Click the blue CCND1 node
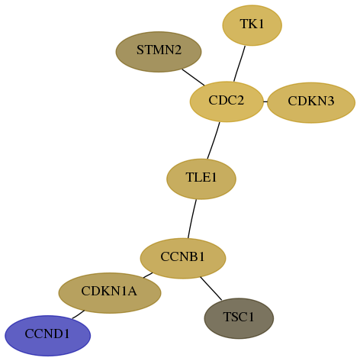click(x=48, y=336)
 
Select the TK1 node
click(x=252, y=25)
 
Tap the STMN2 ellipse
click(x=159, y=52)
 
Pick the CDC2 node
click(x=227, y=102)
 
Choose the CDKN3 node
click(x=311, y=102)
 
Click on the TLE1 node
click(x=201, y=179)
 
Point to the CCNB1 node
click(x=183, y=258)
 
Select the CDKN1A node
click(x=110, y=293)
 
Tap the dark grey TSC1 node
click(x=239, y=318)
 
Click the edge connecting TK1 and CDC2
click(x=239, y=64)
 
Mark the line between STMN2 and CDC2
click(x=193, y=77)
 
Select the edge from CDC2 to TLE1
click(x=214, y=140)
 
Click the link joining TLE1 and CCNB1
click(x=192, y=219)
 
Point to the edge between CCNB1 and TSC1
click(x=211, y=288)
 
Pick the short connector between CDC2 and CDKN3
click(x=265, y=102)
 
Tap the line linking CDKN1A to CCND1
click(x=79, y=314)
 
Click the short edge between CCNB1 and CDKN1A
click(x=148, y=276)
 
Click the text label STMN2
click(x=159, y=50)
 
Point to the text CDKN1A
click(x=109, y=291)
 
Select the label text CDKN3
click(x=311, y=101)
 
